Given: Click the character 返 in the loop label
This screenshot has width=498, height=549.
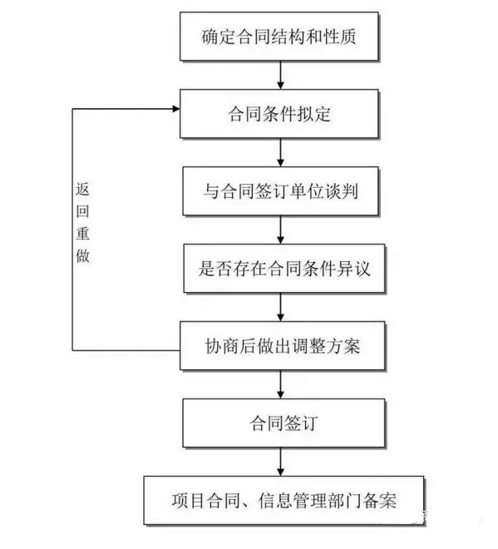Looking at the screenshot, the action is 82,190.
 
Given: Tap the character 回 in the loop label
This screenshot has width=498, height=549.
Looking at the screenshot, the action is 82,211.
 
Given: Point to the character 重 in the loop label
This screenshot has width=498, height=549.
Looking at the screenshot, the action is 82,234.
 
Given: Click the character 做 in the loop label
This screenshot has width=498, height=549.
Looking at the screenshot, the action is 82,255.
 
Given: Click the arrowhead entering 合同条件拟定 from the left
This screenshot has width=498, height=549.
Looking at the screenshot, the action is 176,109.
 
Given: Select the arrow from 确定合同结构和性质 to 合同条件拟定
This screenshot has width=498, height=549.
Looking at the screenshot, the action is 280,75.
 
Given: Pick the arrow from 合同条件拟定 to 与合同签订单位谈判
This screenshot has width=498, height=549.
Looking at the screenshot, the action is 280,153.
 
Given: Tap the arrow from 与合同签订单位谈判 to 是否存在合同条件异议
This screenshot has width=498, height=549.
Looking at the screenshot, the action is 280,230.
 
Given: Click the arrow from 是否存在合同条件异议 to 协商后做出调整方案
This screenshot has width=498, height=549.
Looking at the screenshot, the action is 280,308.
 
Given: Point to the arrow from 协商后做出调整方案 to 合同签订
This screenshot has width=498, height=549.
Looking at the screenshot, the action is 280,385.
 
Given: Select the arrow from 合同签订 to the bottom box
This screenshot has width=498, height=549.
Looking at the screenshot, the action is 280,462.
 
